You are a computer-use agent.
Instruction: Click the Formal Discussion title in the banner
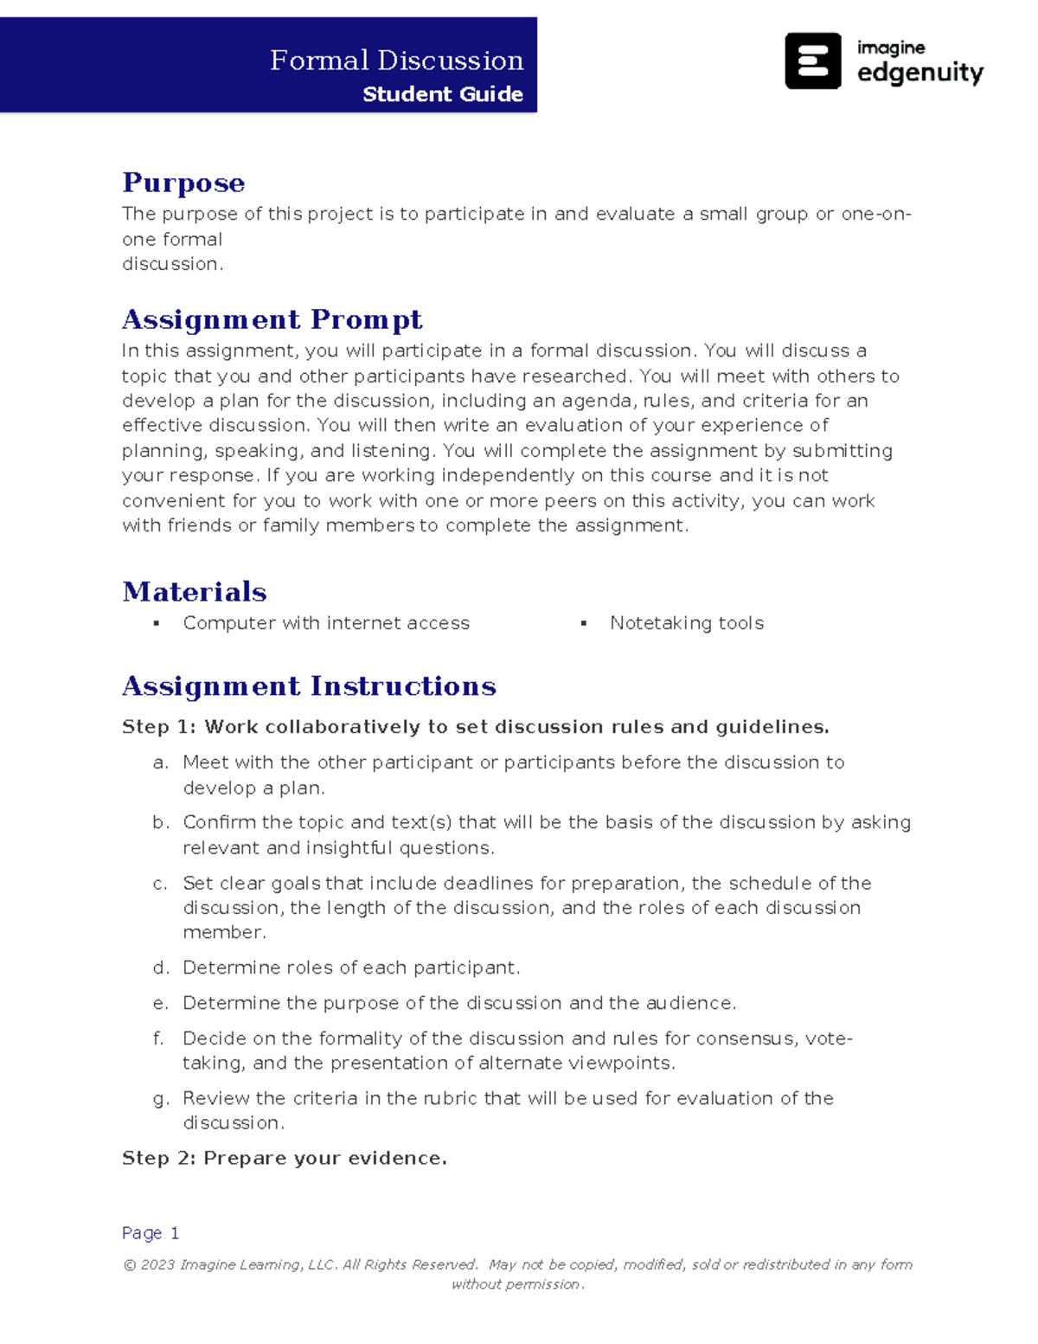(396, 61)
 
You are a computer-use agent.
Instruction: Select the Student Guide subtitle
(442, 94)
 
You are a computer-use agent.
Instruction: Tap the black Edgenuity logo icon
(812, 61)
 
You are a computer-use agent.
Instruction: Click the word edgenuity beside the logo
(919, 73)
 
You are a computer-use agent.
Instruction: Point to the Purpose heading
(183, 183)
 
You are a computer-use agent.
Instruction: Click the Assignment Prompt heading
(272, 319)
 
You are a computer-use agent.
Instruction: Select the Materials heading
(195, 591)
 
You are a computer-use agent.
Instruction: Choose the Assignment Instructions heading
(309, 685)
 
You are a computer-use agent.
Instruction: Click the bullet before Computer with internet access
(157, 623)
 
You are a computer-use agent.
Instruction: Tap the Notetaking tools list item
(686, 623)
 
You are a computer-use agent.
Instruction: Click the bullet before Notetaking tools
(584, 623)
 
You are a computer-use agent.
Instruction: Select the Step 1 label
(159, 727)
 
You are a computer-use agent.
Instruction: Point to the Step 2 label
(159, 1158)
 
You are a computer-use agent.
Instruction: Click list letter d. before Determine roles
(161, 968)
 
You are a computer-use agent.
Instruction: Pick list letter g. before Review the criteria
(161, 1099)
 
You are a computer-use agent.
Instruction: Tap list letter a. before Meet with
(161, 763)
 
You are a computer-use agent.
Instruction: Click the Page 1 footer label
(151, 1232)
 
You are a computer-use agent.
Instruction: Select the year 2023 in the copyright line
(157, 1264)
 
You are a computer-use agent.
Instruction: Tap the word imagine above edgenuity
(890, 48)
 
